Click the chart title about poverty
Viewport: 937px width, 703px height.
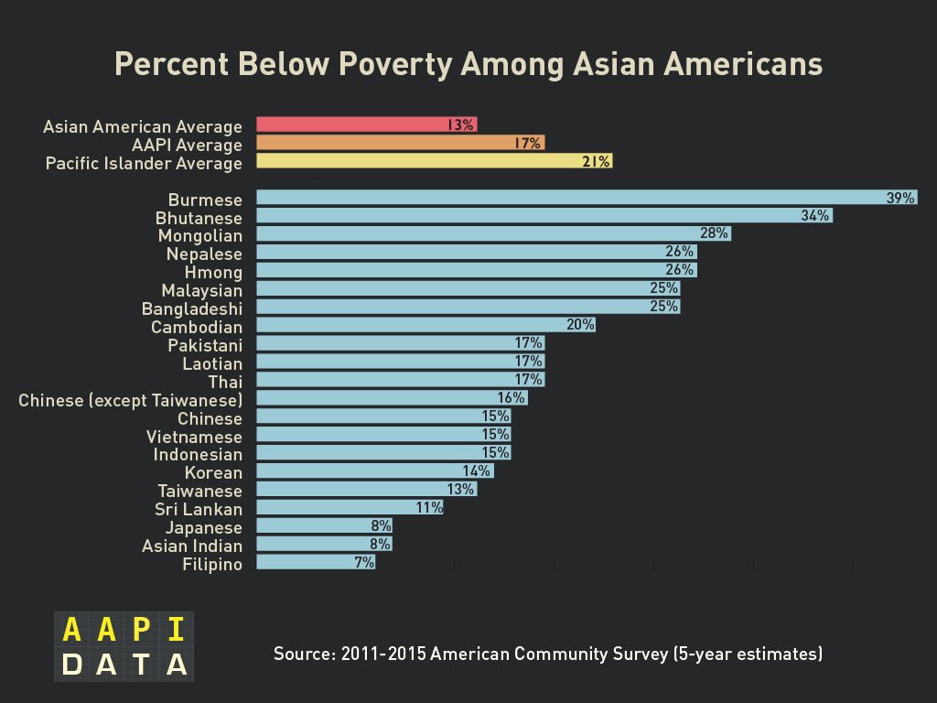pyautogui.click(x=468, y=65)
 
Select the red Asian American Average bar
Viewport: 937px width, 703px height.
pyautogui.click(x=366, y=124)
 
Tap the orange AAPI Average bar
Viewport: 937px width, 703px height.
pyautogui.click(x=400, y=143)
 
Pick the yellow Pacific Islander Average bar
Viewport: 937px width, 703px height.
pyautogui.click(x=434, y=161)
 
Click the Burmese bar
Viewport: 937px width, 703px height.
pyautogui.click(x=586, y=198)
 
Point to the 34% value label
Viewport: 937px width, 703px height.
pyautogui.click(x=814, y=216)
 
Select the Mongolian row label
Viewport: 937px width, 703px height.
pyautogui.click(x=200, y=236)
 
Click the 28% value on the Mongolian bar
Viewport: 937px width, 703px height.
pyautogui.click(x=715, y=233)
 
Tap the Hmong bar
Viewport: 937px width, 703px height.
pyautogui.click(x=476, y=270)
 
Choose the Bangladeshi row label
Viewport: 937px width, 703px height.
pyautogui.click(x=192, y=309)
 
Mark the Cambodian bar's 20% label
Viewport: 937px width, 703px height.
pyautogui.click(x=580, y=325)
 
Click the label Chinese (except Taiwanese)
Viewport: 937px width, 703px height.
pyautogui.click(x=130, y=401)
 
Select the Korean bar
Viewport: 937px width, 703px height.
pyautogui.click(x=374, y=470)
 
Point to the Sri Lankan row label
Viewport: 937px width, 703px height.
pyautogui.click(x=199, y=510)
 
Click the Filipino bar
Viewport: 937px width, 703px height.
pyautogui.click(x=315, y=562)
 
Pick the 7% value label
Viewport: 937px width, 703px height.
pyautogui.click(x=364, y=563)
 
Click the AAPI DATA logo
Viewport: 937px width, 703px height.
pyautogui.click(x=124, y=646)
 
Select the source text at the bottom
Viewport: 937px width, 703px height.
pyautogui.click(x=548, y=654)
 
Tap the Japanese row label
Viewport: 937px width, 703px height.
pyautogui.click(x=203, y=528)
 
